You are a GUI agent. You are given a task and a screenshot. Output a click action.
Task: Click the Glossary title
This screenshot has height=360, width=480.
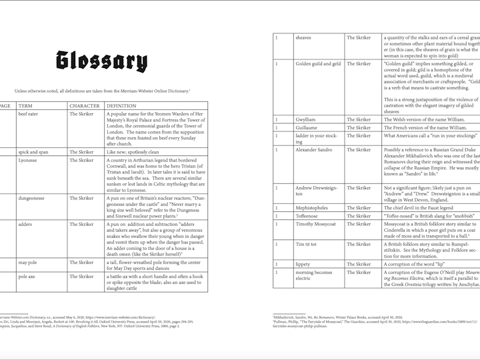pos(101,61)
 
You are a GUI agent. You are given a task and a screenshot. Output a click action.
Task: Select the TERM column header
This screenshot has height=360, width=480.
pos(27,106)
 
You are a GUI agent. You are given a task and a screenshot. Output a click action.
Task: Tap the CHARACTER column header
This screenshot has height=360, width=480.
pos(85,106)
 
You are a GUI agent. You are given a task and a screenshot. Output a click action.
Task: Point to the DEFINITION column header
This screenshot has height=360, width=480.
pos(121,106)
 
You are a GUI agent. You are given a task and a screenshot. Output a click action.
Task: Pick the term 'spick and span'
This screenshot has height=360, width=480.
pos(33,152)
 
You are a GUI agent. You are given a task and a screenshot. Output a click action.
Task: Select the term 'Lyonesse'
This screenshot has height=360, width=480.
pos(28,161)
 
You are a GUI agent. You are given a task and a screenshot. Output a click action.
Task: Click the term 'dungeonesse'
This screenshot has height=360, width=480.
pos(32,198)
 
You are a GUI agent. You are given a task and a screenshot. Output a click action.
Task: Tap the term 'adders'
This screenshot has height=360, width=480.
pos(25,225)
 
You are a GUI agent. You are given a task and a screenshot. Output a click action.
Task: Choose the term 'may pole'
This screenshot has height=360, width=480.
pos(27,263)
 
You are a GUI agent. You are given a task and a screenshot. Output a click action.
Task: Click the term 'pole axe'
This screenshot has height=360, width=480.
pos(27,277)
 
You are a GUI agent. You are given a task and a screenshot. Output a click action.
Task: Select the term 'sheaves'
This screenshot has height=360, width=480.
pos(303,38)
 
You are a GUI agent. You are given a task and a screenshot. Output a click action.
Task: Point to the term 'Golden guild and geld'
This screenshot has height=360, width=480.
pos(318,64)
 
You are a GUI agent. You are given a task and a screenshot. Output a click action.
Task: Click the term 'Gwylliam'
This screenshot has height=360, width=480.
pos(306,119)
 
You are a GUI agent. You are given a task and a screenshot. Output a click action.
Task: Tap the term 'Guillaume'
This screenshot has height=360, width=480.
pos(307,127)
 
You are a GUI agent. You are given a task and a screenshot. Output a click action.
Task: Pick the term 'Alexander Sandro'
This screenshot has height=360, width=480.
pos(313,150)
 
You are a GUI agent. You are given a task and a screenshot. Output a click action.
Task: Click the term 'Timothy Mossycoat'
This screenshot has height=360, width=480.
pos(316,225)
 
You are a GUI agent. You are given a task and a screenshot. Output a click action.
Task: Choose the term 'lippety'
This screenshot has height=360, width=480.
pos(303,265)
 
